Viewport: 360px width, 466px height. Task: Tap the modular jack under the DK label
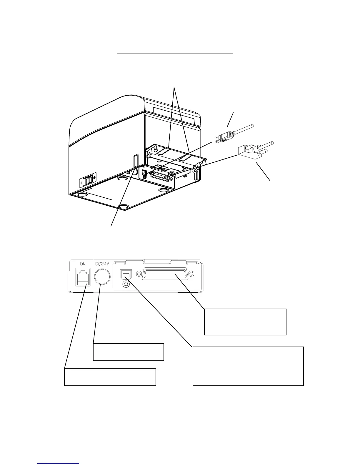tap(83, 277)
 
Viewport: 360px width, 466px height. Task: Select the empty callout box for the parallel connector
tap(245, 322)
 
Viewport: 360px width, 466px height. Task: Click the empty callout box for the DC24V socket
tap(128, 352)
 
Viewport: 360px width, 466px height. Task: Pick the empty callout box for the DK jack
tap(110, 377)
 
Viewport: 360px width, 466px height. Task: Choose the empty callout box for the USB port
tap(248, 366)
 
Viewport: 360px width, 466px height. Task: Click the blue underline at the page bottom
tap(59, 464)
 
